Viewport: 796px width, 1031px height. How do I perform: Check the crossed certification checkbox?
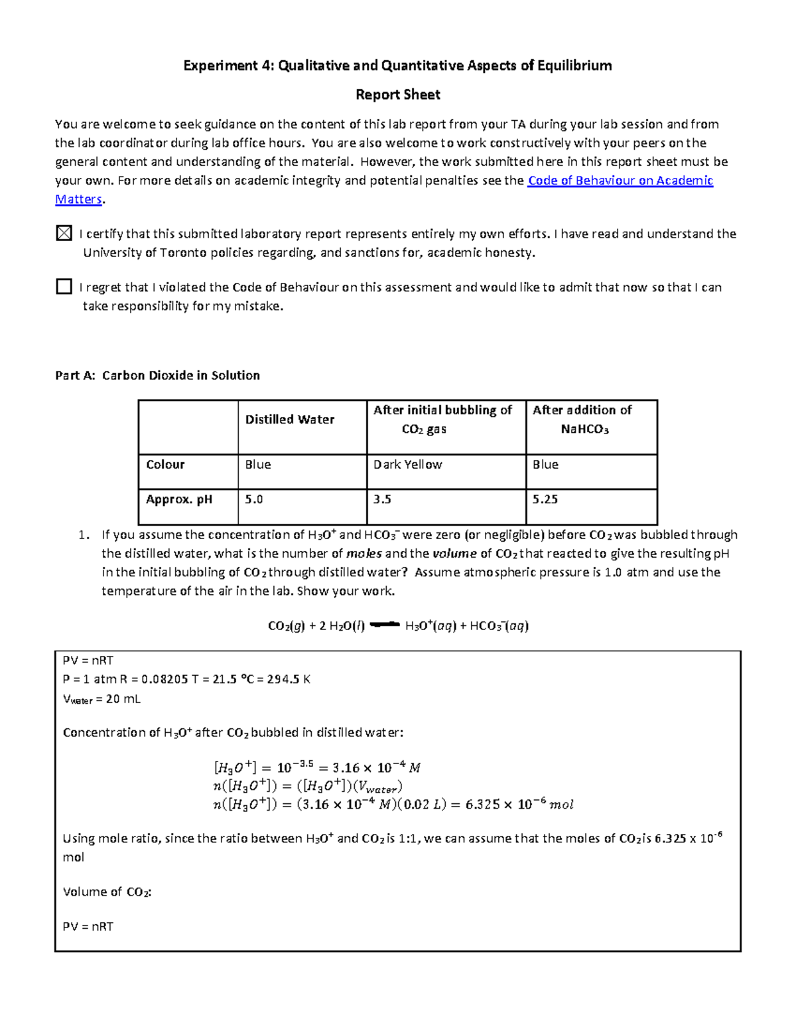pyautogui.click(x=64, y=233)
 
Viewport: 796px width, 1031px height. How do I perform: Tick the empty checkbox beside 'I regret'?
pyautogui.click(x=64, y=286)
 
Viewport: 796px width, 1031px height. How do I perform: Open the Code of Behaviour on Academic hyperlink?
pyautogui.click(x=620, y=181)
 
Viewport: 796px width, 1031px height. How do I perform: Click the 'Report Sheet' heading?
pyautogui.click(x=397, y=95)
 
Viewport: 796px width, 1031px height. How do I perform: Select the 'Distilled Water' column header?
pyautogui.click(x=290, y=420)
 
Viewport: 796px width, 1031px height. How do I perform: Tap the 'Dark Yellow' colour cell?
pyautogui.click(x=407, y=465)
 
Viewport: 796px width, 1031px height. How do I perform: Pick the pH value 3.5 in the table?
pyautogui.click(x=382, y=499)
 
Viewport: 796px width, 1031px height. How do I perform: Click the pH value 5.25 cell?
pyautogui.click(x=545, y=499)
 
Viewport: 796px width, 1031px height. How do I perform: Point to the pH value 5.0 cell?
pyautogui.click(x=254, y=499)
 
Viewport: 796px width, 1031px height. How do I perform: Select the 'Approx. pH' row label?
pyautogui.click(x=179, y=499)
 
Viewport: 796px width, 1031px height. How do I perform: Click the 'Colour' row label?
pyautogui.click(x=165, y=465)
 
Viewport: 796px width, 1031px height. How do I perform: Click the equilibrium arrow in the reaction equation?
pyautogui.click(x=385, y=625)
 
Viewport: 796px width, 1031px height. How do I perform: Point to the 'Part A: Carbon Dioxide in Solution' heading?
pyautogui.click(x=157, y=376)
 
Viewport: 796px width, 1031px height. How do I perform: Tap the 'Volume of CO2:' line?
pyautogui.click(x=107, y=892)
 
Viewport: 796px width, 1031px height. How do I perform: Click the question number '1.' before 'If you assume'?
pyautogui.click(x=83, y=535)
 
